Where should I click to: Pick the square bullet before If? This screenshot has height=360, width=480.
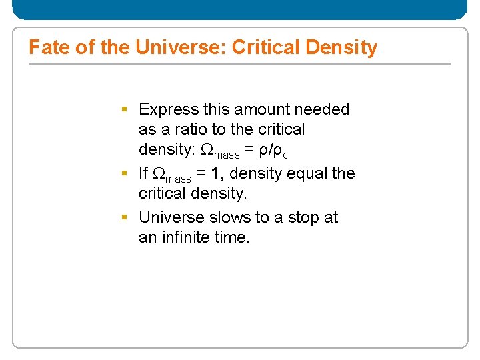tap(125, 173)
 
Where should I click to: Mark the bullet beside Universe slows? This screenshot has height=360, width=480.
tap(125, 217)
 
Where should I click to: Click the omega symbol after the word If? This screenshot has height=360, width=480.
tap(159, 173)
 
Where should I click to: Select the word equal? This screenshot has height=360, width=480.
tap(308, 173)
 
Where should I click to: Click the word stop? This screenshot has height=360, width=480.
tap(299, 217)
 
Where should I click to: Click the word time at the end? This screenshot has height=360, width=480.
tap(233, 237)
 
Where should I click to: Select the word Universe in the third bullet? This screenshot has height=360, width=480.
tap(171, 217)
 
